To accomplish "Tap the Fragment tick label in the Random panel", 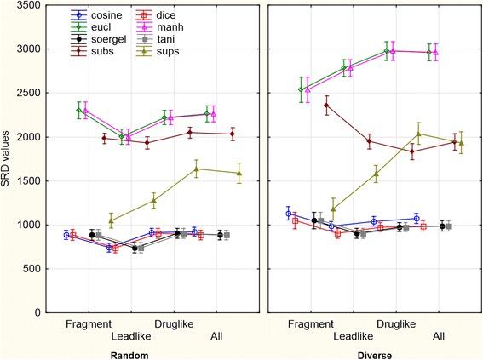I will (x=89, y=324).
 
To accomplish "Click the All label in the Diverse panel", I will (x=439, y=336).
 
